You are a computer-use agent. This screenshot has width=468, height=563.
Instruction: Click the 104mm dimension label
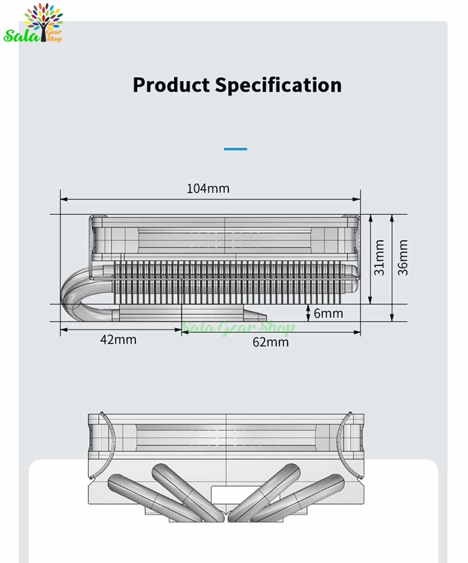[208, 188]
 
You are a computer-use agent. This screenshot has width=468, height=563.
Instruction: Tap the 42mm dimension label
[119, 339]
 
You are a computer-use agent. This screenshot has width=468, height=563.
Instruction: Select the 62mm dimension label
[270, 342]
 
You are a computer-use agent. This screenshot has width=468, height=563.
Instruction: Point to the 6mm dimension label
[329, 313]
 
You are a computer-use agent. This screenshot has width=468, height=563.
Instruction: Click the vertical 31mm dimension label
[379, 258]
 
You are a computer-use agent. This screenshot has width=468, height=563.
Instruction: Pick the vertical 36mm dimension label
[402, 258]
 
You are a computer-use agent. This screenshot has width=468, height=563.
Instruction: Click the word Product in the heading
[171, 85]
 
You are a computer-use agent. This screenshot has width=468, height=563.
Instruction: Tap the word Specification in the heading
[278, 85]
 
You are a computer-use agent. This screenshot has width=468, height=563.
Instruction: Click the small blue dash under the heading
[236, 149]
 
